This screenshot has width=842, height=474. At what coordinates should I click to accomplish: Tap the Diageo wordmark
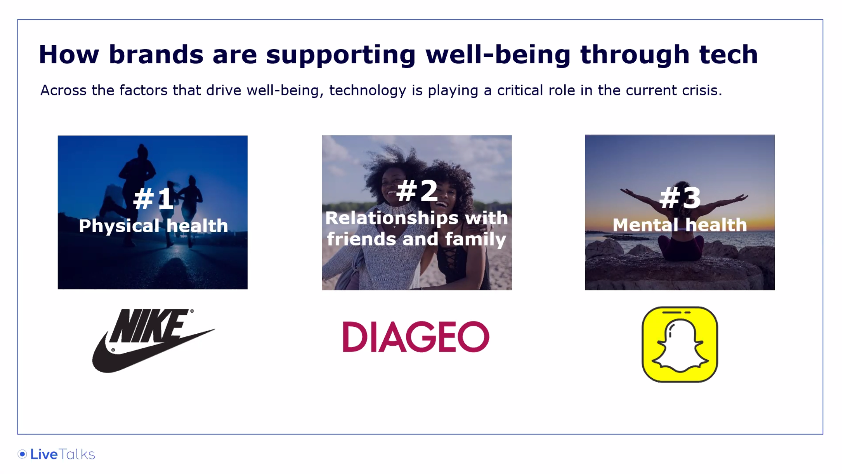pos(416,337)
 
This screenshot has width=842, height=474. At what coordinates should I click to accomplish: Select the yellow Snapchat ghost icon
pos(680,344)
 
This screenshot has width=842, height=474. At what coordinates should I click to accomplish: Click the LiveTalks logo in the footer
pos(56,454)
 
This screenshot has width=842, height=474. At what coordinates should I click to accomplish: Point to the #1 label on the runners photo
pos(153,199)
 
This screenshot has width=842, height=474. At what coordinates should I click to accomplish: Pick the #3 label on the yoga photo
pos(680,198)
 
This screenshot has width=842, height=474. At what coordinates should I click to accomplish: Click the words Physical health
pos(153,226)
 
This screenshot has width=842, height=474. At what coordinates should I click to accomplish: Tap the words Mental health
pos(680,225)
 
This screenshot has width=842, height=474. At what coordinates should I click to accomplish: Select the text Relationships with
pos(417,218)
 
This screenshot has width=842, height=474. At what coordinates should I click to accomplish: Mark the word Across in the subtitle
pos(63,90)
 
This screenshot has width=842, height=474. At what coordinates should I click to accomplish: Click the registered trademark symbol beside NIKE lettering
pos(192,311)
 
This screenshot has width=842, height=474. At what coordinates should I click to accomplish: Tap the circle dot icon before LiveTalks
pos(22,454)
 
